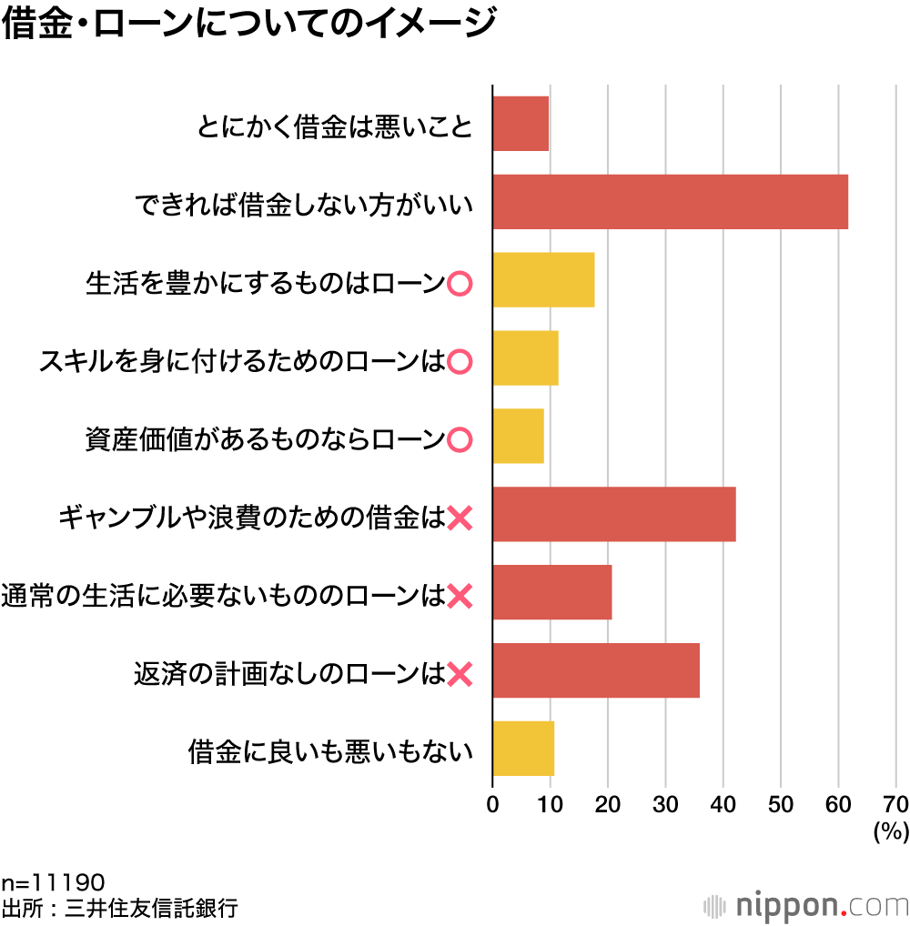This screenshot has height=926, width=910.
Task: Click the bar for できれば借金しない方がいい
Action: [x=670, y=202]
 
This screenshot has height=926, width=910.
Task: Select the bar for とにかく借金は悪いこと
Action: [x=521, y=124]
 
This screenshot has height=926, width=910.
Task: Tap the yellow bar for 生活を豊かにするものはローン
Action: [x=543, y=280]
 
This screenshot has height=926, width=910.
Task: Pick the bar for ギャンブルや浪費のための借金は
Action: [x=613, y=515]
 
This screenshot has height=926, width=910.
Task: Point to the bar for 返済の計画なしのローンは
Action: [x=596, y=670]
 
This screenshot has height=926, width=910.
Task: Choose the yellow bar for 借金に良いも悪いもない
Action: [x=523, y=749]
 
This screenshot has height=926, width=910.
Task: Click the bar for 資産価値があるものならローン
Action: [x=518, y=437]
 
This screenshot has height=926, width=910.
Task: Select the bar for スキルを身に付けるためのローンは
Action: [x=525, y=358]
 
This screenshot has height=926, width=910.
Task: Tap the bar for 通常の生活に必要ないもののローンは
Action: [x=551, y=592]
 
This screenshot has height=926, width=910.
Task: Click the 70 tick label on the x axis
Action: [x=895, y=804]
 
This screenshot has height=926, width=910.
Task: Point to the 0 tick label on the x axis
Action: [x=492, y=804]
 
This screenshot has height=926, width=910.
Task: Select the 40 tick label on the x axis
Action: [x=723, y=804]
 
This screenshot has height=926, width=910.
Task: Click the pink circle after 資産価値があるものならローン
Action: [x=460, y=441]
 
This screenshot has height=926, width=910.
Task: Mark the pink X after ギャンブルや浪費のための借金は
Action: [x=460, y=519]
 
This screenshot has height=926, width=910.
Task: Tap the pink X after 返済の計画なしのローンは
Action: [x=460, y=675]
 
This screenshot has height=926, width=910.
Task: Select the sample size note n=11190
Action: [x=54, y=882]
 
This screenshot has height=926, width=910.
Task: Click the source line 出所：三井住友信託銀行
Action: [x=120, y=908]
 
